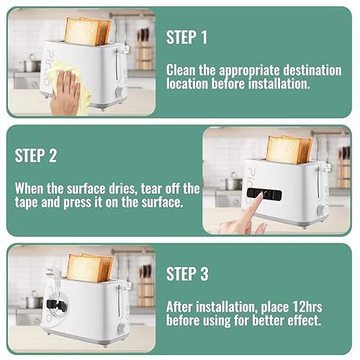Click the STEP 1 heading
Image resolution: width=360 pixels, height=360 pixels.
[186, 37]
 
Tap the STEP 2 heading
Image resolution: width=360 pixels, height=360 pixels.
[36, 156]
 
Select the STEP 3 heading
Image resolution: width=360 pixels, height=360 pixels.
[187, 274]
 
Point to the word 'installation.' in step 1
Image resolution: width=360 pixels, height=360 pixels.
[279, 84]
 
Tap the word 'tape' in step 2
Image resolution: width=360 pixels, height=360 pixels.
[27, 203]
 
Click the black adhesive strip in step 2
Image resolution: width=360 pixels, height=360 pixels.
[264, 194]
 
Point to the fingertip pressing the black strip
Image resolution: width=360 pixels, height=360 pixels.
[259, 195]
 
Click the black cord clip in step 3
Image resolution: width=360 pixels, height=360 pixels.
[56, 305]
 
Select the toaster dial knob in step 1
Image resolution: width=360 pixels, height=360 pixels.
[120, 92]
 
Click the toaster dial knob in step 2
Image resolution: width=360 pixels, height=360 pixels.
[321, 211]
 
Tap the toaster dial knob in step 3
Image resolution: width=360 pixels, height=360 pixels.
[121, 328]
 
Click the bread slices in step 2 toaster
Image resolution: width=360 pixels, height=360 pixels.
[289, 149]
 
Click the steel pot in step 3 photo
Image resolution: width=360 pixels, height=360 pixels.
[34, 301]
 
